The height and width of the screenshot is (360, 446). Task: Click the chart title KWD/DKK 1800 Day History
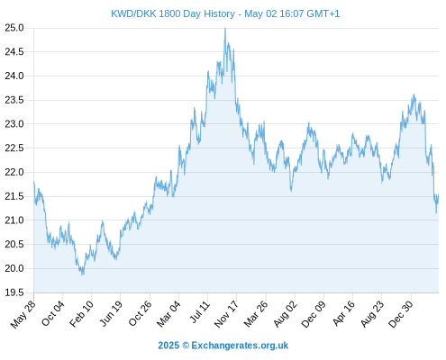[x=173, y=13]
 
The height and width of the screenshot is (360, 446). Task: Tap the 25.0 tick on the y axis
[x=14, y=28]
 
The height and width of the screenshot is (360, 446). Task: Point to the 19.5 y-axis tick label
[x=14, y=292]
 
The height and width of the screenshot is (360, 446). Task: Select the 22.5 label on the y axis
[x=14, y=148]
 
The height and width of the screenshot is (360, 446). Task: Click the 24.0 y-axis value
[x=14, y=76]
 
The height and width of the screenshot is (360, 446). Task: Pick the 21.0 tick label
[x=14, y=220]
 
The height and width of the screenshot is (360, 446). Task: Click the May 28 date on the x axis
[x=23, y=314]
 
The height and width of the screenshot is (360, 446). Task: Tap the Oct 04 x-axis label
[x=53, y=313]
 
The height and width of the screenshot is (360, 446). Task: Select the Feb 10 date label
[x=82, y=314]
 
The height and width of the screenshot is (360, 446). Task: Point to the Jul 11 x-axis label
[x=200, y=312]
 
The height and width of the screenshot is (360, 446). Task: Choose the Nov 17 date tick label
[x=226, y=314]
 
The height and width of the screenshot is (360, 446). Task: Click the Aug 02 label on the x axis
[x=286, y=314]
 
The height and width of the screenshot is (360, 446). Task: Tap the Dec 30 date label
[x=401, y=314]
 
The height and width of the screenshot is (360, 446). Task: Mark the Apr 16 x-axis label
[x=344, y=313]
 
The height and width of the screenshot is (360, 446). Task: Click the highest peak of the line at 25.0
[x=225, y=28]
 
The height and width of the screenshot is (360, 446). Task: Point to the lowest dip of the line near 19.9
[x=83, y=274]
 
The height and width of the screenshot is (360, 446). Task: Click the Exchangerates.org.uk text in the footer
[x=240, y=346]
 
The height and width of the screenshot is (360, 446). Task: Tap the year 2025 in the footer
[x=168, y=346]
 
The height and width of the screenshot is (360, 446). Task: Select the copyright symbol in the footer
[x=186, y=346]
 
